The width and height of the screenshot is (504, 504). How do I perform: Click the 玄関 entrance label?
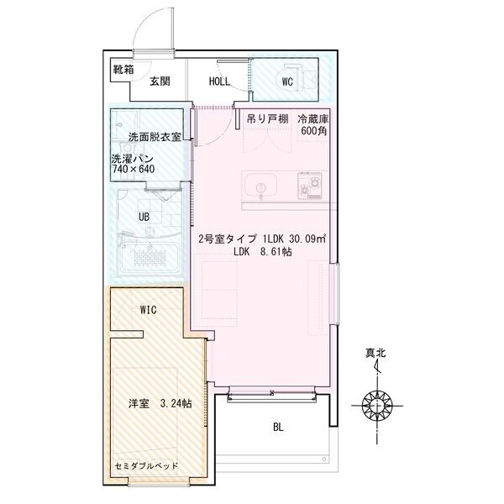click(160, 81)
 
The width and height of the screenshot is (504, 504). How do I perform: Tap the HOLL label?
click(220, 81)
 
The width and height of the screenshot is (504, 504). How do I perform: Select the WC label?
click(286, 81)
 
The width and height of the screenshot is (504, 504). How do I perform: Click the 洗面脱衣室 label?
click(155, 136)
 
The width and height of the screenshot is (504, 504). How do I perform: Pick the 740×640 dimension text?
click(133, 169)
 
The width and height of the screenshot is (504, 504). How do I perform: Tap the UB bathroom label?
click(144, 216)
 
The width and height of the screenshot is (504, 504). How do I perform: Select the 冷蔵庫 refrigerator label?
click(314, 119)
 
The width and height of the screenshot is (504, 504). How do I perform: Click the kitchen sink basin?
click(257, 184)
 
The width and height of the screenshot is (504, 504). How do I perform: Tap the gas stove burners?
click(309, 182)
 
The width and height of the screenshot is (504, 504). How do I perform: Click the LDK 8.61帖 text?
click(263, 252)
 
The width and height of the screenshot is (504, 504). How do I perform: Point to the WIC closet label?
click(149, 310)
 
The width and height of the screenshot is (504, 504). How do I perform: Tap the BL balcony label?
click(278, 427)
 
